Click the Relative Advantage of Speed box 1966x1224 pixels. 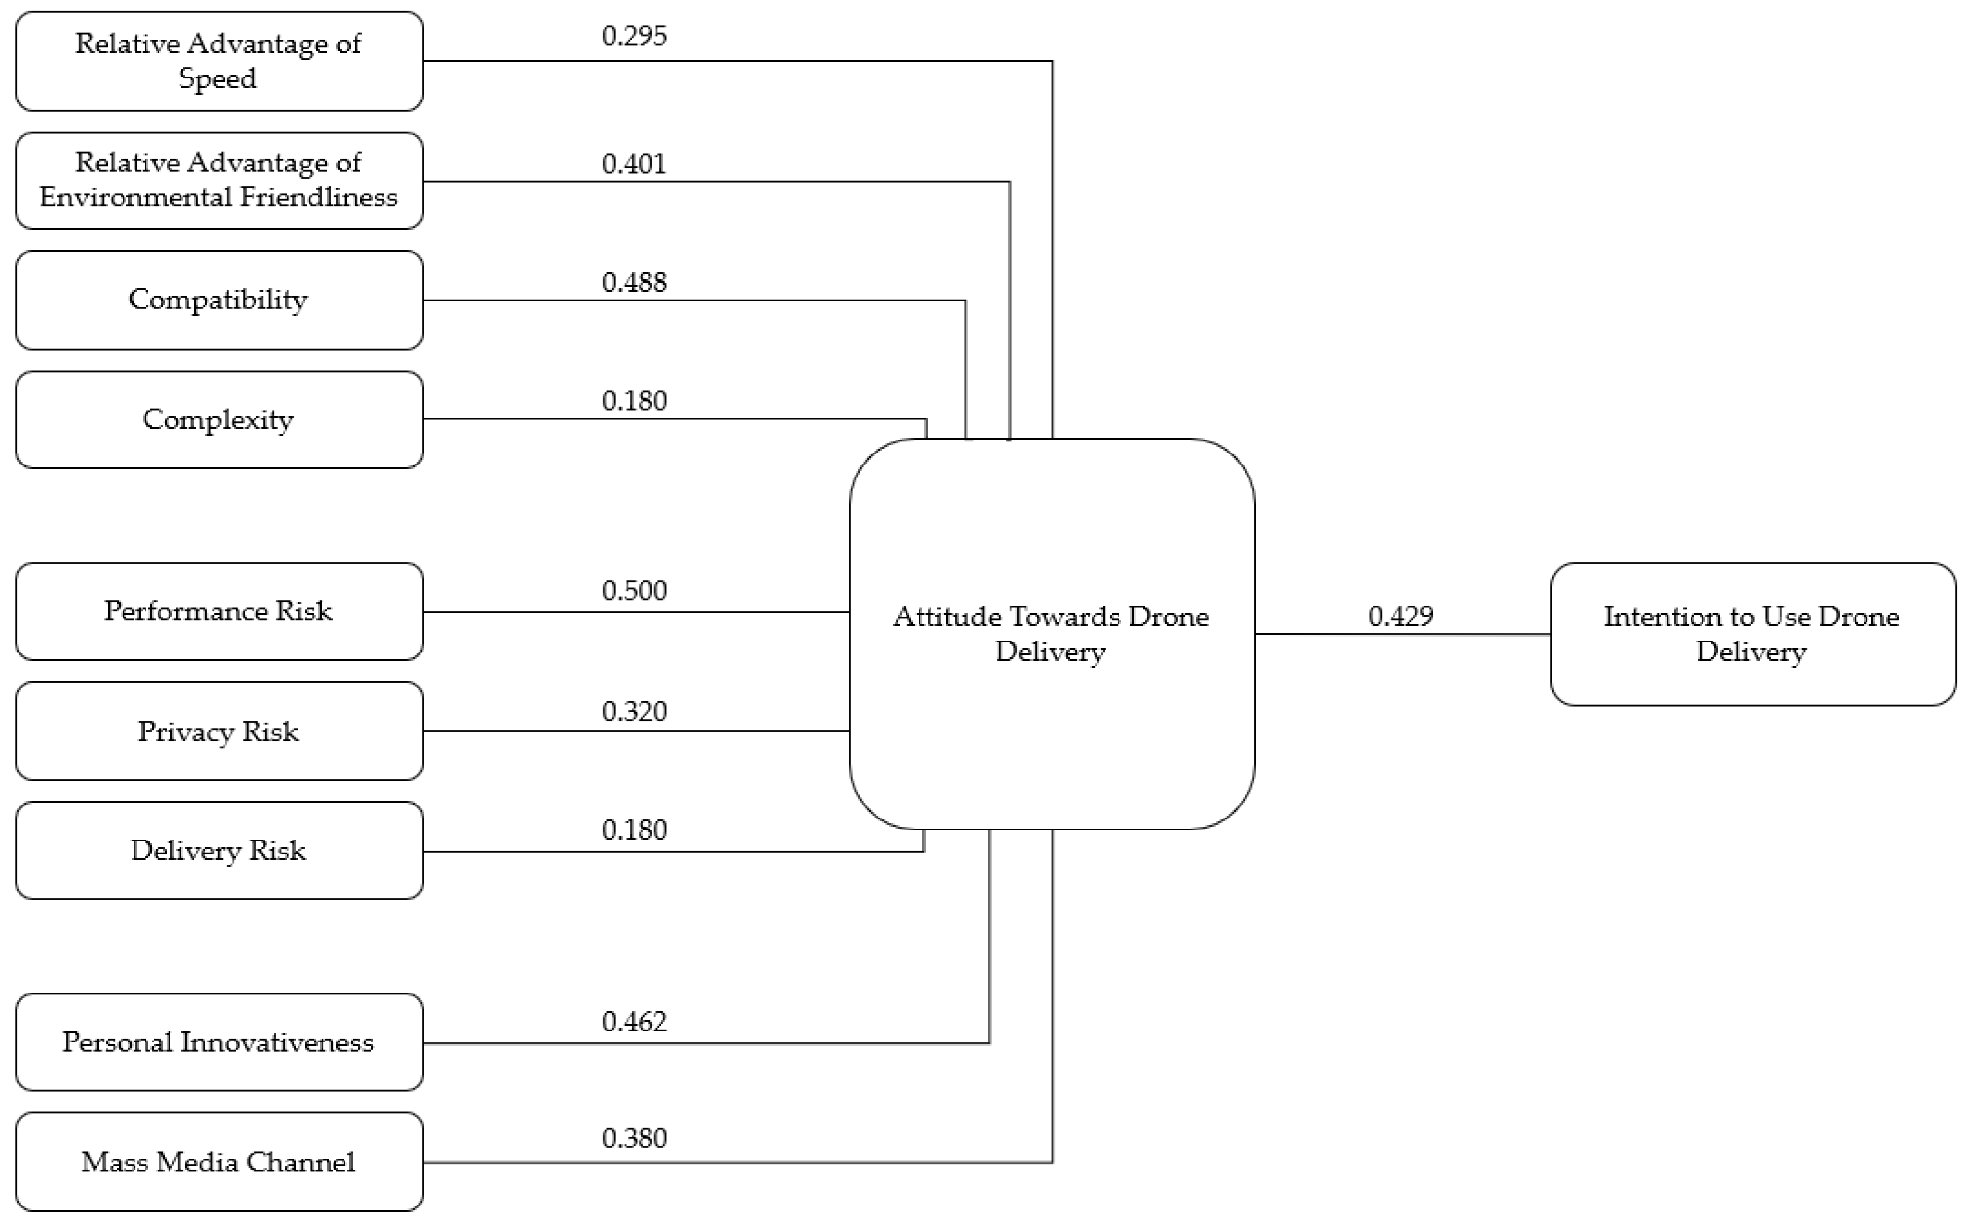point(218,61)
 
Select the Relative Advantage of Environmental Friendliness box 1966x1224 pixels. point(218,180)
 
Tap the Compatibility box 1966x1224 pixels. point(218,300)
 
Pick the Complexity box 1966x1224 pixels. point(218,419)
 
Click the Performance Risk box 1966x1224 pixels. point(218,611)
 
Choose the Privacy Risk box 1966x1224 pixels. point(218,731)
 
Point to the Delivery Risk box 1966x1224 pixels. point(218,850)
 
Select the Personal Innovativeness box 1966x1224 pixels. point(218,1042)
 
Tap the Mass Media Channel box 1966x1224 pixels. point(218,1162)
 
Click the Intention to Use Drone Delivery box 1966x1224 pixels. point(1752,634)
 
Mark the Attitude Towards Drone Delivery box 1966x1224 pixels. point(1051,634)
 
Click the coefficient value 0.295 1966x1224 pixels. point(634,36)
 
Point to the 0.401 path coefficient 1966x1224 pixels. point(634,164)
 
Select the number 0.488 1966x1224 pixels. point(634,283)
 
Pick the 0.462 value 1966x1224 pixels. point(634,1022)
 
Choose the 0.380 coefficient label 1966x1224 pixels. point(634,1138)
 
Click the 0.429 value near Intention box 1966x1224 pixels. point(1400,617)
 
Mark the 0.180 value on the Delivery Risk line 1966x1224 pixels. point(634,830)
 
